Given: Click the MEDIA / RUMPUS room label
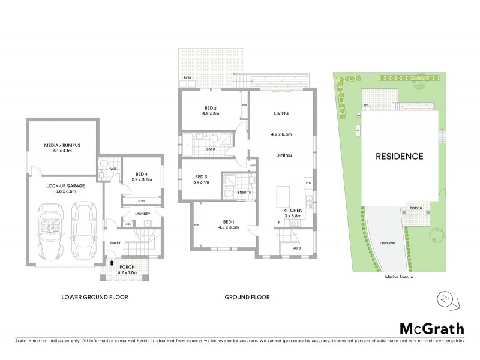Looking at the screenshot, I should pyautogui.click(x=63, y=145).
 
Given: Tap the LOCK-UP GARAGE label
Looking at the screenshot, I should pyautogui.click(x=63, y=186).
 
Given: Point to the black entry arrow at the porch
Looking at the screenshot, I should pyautogui.click(x=112, y=262).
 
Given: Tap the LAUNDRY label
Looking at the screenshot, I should pyautogui.click(x=142, y=213).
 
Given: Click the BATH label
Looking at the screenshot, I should pyautogui.click(x=211, y=149).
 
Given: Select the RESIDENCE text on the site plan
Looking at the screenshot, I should pyautogui.click(x=399, y=157).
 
